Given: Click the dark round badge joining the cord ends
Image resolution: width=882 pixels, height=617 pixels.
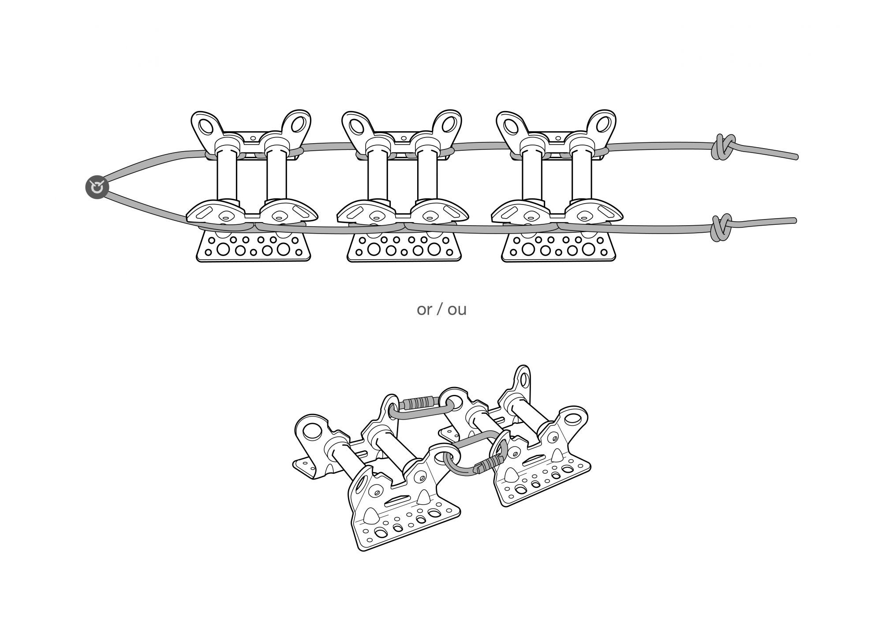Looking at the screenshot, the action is click(97, 187).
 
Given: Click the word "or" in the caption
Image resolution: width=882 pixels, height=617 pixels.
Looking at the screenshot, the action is click(424, 309).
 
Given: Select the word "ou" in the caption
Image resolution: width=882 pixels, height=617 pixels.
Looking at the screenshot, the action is click(457, 309).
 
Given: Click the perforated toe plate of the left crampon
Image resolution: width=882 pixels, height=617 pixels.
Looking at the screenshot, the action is click(254, 247).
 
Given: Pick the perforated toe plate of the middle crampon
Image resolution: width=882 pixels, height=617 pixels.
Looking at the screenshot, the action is click(404, 247).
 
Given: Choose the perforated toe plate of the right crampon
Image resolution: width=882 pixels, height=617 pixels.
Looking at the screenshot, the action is click(559, 247).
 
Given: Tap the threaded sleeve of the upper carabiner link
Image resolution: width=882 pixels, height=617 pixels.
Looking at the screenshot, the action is click(418, 403).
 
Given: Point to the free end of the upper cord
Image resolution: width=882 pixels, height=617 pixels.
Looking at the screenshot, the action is click(796, 157).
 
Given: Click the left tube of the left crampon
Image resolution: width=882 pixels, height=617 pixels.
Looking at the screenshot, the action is click(227, 176).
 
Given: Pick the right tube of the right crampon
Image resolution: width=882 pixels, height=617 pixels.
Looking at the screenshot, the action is click(583, 176).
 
